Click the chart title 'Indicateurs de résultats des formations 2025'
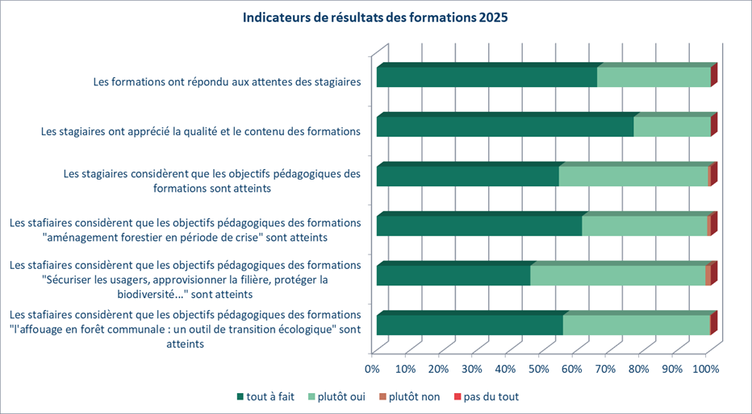point(375,19)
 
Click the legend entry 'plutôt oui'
point(343,396)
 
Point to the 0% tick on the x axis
point(372,369)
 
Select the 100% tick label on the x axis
point(707,369)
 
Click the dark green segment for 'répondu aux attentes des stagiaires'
point(487,77)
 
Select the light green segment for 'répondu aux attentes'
point(654,77)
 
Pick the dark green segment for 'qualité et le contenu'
point(505,127)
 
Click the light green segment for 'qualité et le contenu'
point(672,127)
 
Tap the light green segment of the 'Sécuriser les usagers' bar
point(617,275)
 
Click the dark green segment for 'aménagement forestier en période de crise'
point(479,226)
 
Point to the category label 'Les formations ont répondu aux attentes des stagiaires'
point(226,81)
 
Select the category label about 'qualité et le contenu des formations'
point(200,130)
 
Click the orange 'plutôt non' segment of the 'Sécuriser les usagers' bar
point(708,275)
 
